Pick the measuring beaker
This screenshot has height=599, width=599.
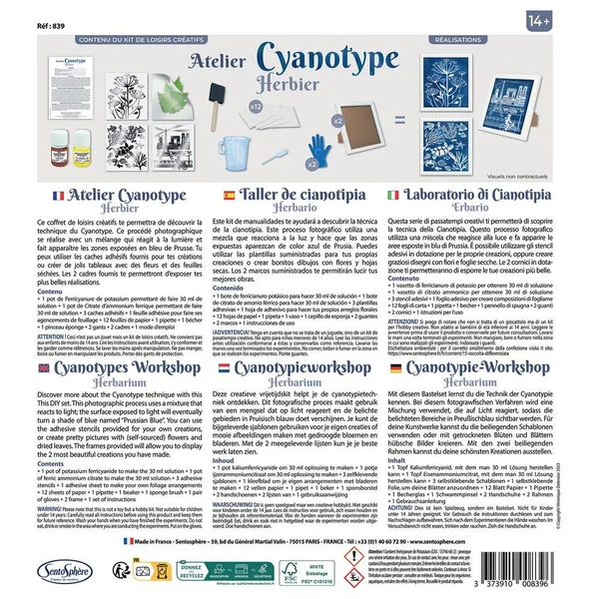pos(257,148)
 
